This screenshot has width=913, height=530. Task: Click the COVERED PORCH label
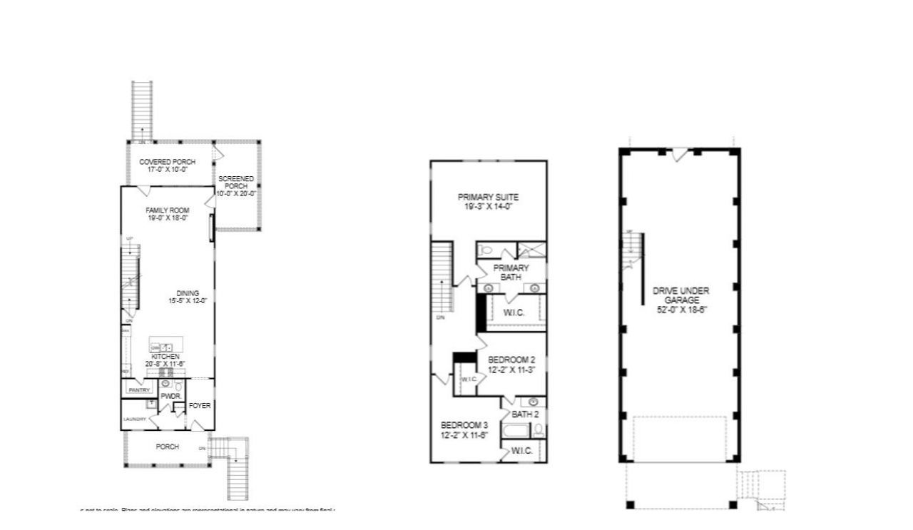tap(167, 162)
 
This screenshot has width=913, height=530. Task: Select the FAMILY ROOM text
tap(166, 210)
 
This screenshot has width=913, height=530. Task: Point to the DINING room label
tap(188, 293)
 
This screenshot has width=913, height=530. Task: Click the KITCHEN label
tap(165, 356)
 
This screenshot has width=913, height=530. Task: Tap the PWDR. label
tap(169, 396)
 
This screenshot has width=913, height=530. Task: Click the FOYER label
tap(200, 406)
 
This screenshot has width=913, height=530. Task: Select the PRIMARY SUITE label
tap(488, 197)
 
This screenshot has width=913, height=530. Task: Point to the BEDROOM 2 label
tap(511, 360)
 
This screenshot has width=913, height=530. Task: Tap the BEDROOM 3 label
tap(464, 424)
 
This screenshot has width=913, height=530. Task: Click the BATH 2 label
tap(525, 414)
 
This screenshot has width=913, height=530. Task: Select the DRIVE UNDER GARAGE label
tap(681, 295)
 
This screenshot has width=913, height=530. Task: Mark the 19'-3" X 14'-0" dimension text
tap(488, 206)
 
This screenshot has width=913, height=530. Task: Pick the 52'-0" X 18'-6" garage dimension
tap(681, 310)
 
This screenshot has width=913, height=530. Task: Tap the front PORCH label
tap(168, 447)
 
